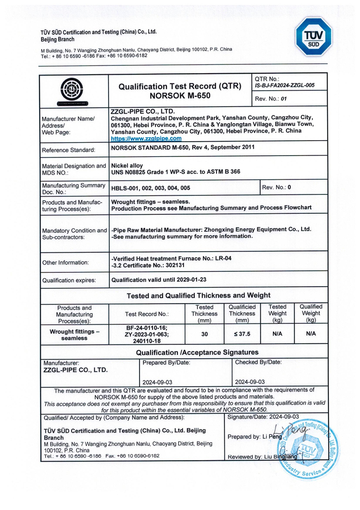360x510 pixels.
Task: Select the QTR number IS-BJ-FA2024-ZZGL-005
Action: click(x=284, y=85)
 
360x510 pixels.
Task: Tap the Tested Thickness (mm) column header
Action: click(x=204, y=313)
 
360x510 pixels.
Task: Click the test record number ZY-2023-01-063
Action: click(x=147, y=334)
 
